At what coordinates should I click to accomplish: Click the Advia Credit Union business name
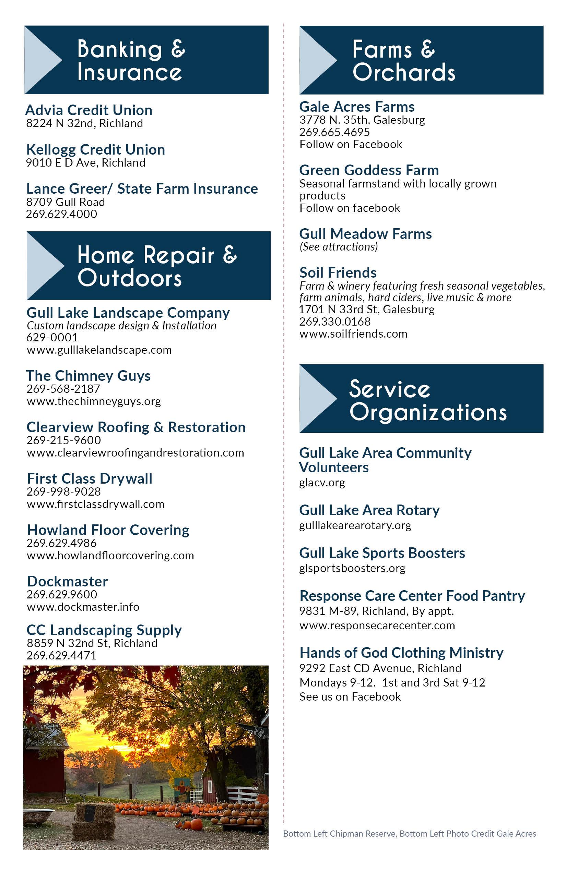coord(89,110)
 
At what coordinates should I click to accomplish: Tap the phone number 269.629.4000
coord(61,214)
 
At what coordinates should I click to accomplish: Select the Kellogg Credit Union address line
coord(86,163)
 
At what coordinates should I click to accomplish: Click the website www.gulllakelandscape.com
coord(99,350)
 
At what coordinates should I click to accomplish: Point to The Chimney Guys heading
coord(88,376)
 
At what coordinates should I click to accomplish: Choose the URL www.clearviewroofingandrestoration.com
coord(135,453)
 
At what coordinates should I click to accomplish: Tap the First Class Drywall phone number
coord(63,492)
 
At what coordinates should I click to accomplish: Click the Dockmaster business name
coord(68,581)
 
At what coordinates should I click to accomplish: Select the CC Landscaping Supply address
coord(92,643)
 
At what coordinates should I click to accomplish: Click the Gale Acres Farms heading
coord(357,107)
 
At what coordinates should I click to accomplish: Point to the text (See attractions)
coord(339,247)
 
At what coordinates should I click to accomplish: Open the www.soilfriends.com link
coord(353,334)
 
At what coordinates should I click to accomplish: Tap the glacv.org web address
coord(322,483)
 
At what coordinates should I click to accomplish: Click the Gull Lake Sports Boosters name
coord(382,553)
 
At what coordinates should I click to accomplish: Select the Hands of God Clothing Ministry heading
coord(401,653)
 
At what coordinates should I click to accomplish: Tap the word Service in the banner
coord(390,389)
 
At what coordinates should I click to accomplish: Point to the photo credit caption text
coord(410,834)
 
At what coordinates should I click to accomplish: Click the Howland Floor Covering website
coord(110,556)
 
